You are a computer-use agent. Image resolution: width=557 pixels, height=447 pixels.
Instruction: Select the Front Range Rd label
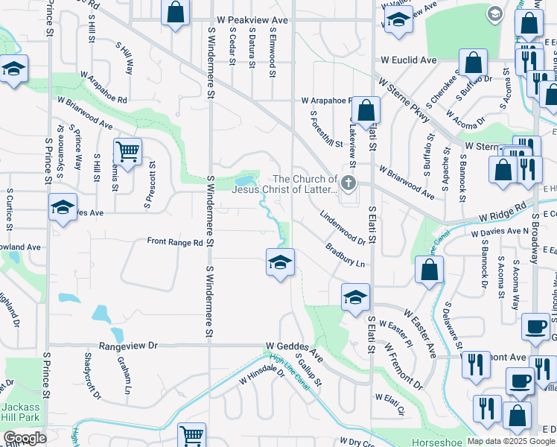(175, 242)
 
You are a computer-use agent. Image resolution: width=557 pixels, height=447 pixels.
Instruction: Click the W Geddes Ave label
(294, 346)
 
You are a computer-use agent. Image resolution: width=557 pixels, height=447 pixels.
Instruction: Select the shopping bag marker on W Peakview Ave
(175, 13)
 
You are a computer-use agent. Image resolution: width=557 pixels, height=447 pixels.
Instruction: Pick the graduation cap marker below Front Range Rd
(280, 263)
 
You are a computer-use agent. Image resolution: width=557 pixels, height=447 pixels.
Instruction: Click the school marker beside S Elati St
(355, 297)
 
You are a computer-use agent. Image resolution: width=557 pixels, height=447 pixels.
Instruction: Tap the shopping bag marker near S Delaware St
(429, 270)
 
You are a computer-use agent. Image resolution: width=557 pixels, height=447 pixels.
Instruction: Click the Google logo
(25, 438)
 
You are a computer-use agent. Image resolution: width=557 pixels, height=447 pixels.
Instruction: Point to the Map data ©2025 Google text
(511, 441)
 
